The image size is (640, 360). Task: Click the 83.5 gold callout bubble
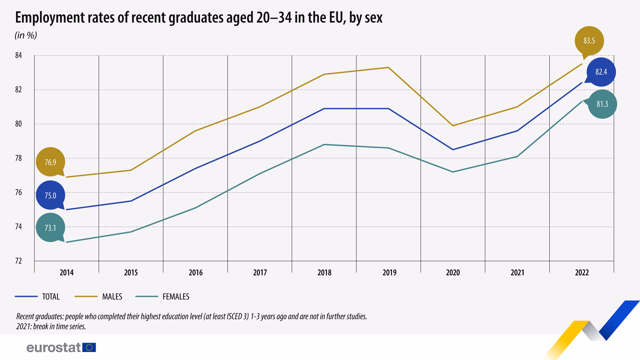coord(589,41)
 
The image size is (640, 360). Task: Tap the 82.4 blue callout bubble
coord(601,72)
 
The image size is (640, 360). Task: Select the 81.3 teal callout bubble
coord(602,104)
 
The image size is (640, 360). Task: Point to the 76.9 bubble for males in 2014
coord(50,162)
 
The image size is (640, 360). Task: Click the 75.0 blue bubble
coord(50,196)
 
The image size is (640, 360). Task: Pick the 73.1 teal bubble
coord(50,228)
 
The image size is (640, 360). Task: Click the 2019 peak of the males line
coord(388,68)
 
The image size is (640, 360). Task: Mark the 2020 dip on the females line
coord(453,172)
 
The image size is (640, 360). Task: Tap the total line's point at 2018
coord(324,109)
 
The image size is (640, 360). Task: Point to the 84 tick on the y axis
coord(18,55)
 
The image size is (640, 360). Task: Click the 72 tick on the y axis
coord(18,261)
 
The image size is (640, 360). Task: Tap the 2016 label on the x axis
coord(195,273)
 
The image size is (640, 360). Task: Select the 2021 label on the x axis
coord(517,273)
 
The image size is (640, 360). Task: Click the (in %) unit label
coord(26,35)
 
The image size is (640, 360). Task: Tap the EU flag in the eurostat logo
coord(89,348)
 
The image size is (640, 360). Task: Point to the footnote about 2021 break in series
coord(51,326)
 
